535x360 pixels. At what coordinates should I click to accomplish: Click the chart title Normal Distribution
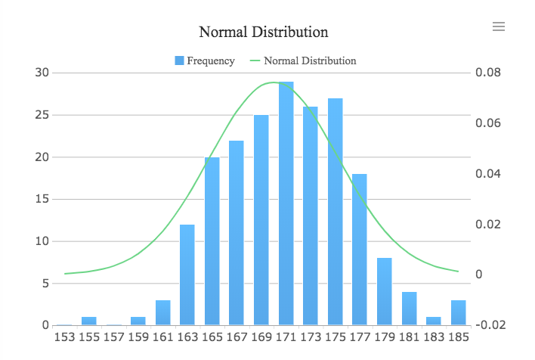click(x=263, y=32)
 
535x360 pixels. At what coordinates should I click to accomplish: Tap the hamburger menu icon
click(x=498, y=26)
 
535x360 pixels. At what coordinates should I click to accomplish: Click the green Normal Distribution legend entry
click(x=302, y=61)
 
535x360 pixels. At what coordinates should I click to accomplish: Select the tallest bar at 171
click(x=286, y=204)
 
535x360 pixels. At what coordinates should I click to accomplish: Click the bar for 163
click(x=187, y=275)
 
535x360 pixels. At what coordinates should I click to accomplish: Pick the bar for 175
click(x=336, y=212)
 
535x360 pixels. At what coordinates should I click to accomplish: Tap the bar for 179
click(x=385, y=292)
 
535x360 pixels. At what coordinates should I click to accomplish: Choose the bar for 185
click(x=459, y=313)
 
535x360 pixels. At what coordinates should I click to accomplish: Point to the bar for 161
click(x=162, y=313)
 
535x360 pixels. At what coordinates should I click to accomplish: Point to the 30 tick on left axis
click(x=42, y=73)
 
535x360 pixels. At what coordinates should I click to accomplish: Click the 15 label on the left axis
click(x=42, y=200)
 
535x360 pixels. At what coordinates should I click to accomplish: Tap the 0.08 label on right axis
click(x=488, y=73)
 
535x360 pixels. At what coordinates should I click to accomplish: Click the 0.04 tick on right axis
click(x=488, y=174)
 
